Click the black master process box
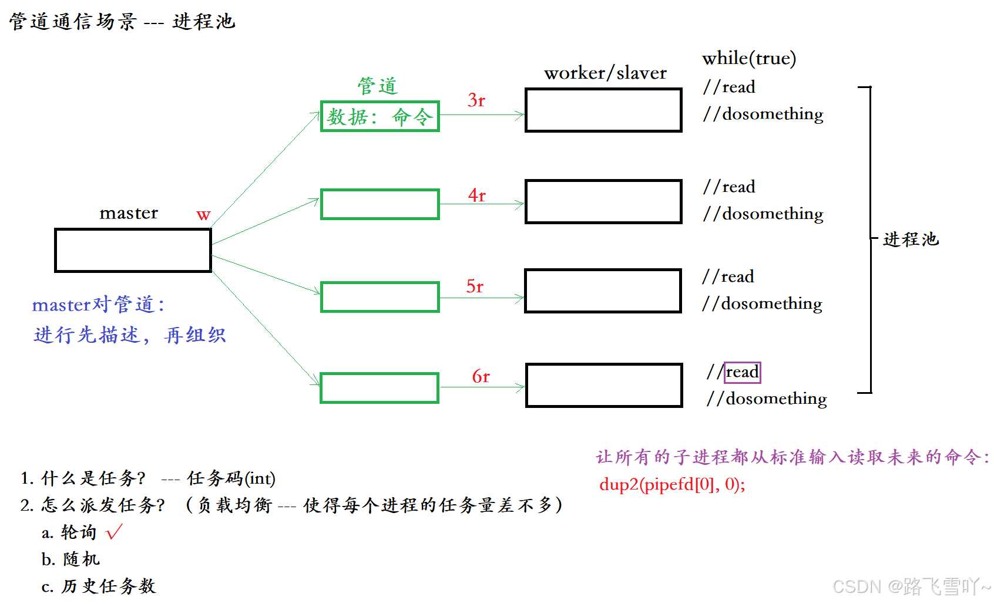click(x=133, y=251)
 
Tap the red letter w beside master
click(x=203, y=215)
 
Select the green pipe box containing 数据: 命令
click(x=380, y=116)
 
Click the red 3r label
click(x=476, y=100)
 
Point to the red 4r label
click(x=477, y=195)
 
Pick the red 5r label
click(x=475, y=286)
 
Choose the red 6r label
click(x=481, y=376)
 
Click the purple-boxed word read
click(x=742, y=372)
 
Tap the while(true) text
click(x=749, y=58)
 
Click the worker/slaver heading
click(x=605, y=73)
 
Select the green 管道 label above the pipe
click(x=378, y=86)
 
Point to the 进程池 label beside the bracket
click(x=911, y=239)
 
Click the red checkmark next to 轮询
click(x=114, y=532)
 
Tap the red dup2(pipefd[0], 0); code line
click(x=672, y=484)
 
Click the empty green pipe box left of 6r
click(x=380, y=388)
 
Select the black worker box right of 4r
click(x=603, y=202)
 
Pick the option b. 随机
click(x=70, y=559)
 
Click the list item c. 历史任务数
click(x=99, y=586)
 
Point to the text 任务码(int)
click(x=231, y=478)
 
